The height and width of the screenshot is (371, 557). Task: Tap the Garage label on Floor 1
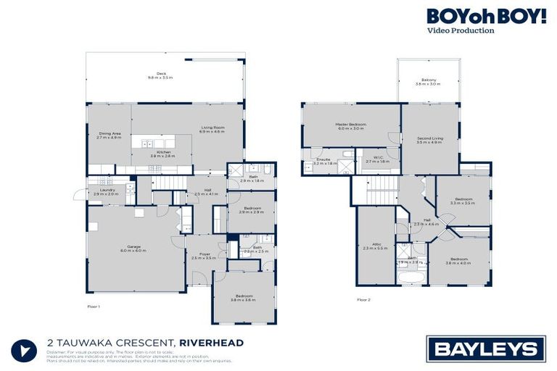tap(133, 249)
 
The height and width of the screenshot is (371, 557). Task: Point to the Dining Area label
tap(110, 135)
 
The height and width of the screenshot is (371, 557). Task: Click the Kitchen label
tap(162, 154)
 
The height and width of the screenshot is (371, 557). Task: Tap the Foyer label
tap(205, 256)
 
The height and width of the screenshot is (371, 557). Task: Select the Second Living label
tap(429, 140)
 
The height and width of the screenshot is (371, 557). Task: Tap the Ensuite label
tap(323, 161)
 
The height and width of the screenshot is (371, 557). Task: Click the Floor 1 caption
tap(94, 307)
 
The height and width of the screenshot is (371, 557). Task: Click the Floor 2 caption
tap(363, 299)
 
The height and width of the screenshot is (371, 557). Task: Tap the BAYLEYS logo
tap(485, 350)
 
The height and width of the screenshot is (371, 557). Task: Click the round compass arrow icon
tap(24, 350)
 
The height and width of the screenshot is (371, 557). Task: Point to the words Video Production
tap(461, 31)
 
